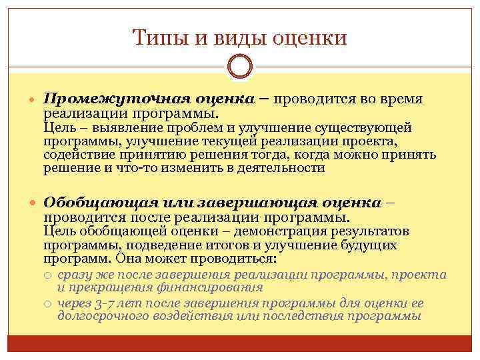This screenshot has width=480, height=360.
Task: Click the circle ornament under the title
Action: click(240, 67)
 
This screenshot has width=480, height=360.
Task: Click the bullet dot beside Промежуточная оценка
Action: click(33, 99)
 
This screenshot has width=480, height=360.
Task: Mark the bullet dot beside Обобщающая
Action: click(33, 203)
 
